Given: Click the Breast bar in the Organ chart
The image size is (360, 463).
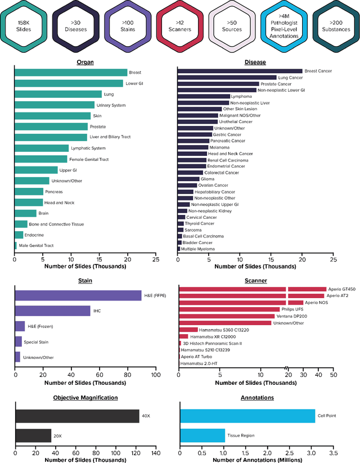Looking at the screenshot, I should point(71,73).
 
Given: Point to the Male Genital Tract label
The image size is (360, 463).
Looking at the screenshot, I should point(35,246).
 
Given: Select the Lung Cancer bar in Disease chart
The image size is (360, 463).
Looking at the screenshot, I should point(227,78).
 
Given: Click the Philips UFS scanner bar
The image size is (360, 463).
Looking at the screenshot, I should point(229,309).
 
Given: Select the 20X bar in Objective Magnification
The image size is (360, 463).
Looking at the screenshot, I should point(33,436).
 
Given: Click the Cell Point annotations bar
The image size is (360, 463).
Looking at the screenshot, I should point(247,416).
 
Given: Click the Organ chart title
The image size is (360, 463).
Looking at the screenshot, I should point(85,62).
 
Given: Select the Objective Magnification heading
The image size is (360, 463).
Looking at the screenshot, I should point(85,398).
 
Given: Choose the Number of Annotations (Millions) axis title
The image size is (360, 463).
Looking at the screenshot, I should point(256,459).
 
